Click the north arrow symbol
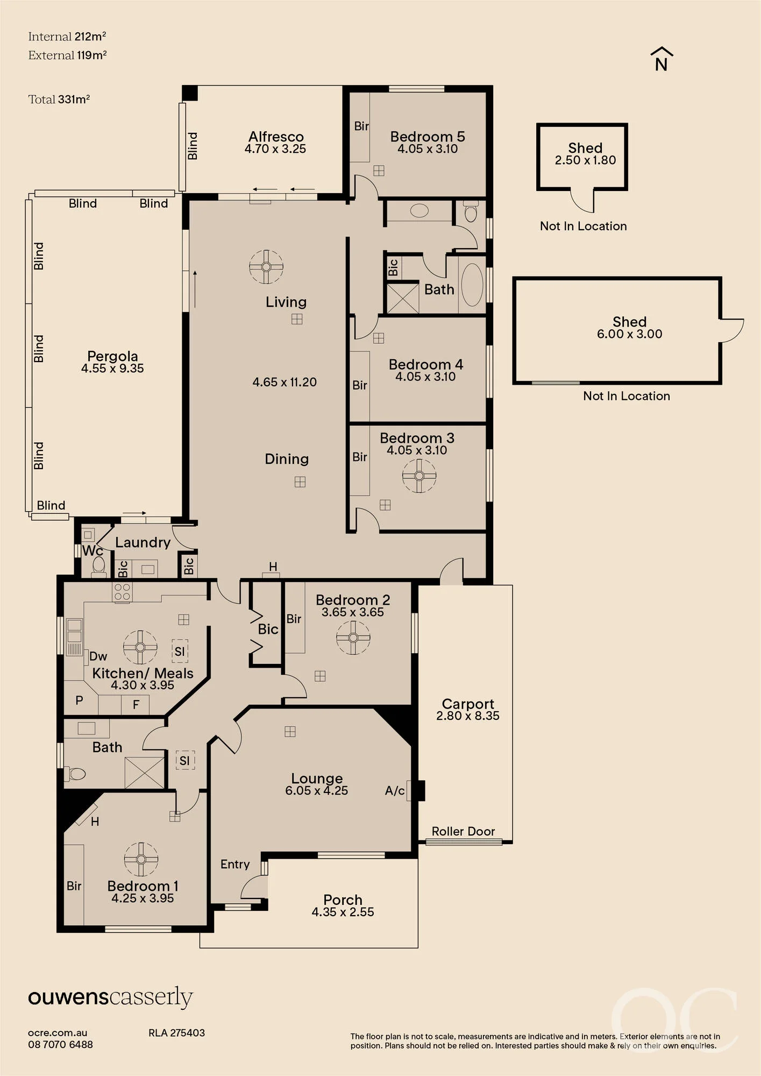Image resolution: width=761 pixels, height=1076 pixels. (662, 59)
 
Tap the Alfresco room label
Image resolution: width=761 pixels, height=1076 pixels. (276, 137)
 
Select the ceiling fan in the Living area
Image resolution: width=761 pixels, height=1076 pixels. (266, 266)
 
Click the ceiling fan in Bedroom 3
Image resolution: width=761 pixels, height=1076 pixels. (419, 476)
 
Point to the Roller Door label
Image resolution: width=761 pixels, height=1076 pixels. (463, 831)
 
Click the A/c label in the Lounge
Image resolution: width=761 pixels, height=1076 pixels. (395, 790)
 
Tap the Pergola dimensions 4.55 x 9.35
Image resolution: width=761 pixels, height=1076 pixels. (112, 369)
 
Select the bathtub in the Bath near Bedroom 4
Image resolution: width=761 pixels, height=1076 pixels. (472, 285)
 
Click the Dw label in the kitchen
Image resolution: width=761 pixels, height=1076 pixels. (98, 656)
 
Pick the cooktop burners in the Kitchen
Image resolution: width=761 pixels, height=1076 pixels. (122, 592)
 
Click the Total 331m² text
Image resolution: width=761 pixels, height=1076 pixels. (59, 100)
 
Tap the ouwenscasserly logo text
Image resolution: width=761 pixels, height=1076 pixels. (110, 997)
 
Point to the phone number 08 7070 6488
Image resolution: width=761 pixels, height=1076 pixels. (60, 1045)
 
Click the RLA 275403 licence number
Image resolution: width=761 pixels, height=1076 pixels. (176, 1033)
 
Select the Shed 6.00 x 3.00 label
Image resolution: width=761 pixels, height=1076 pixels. (629, 328)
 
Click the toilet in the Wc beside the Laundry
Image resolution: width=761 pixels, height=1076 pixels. (99, 566)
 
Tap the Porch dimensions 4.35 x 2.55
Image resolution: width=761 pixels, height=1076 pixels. (343, 912)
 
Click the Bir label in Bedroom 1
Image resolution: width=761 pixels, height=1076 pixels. (74, 886)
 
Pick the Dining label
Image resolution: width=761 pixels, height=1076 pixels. (287, 459)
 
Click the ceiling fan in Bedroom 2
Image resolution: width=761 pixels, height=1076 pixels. (353, 638)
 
